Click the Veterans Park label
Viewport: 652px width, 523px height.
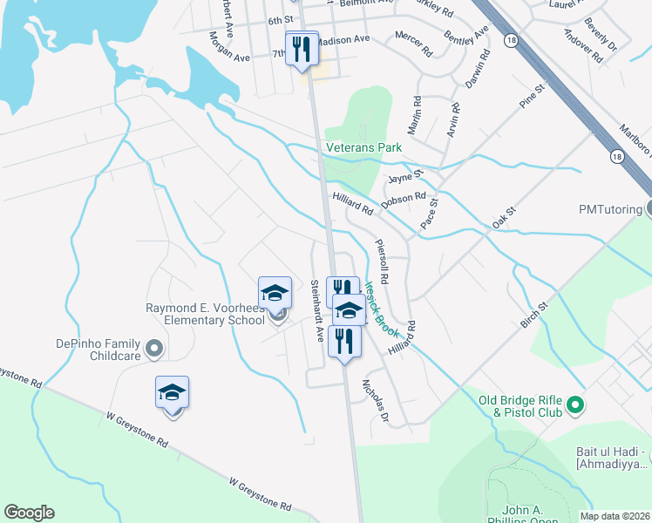coord(363,148)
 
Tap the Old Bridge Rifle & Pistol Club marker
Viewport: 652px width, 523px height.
coord(574,404)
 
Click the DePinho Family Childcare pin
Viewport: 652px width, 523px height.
coord(154,350)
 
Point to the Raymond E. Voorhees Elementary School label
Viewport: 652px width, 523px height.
coord(206,314)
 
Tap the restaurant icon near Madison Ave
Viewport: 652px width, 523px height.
coord(302,49)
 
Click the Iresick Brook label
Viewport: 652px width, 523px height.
coord(381,309)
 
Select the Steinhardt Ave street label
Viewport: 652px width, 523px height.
coord(318,309)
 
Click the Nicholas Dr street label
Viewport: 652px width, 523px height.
coord(376,397)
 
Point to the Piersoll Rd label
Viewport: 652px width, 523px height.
coord(381,261)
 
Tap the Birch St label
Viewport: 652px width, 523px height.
coord(534,316)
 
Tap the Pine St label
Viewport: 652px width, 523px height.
coord(532,96)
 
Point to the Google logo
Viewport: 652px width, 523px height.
coord(29,513)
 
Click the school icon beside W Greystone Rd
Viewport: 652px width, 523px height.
coord(173,394)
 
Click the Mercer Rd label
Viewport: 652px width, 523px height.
coord(413,42)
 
